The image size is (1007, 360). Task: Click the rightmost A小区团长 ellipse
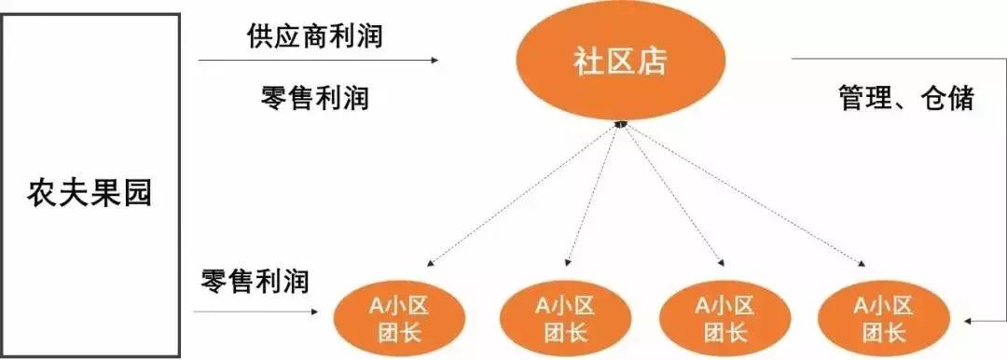tap(880, 315)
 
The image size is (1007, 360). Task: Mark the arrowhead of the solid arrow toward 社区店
tap(434, 61)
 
